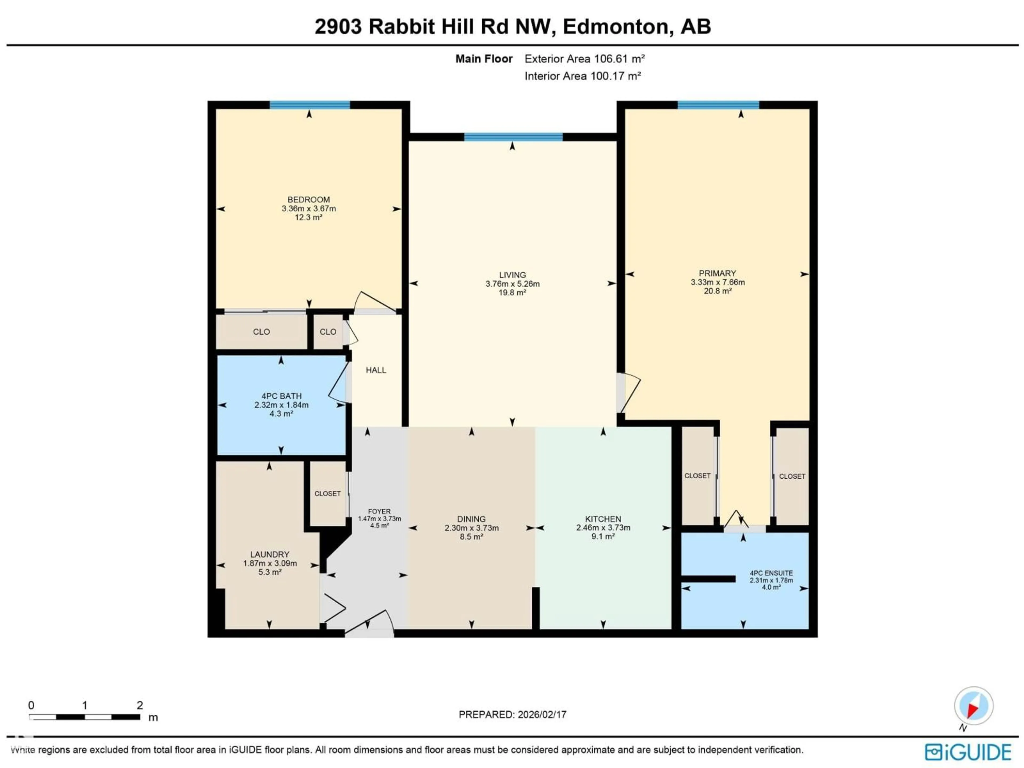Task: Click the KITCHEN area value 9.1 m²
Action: coord(603,537)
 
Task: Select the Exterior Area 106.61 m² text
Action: coord(584,59)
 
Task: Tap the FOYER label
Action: coord(379,511)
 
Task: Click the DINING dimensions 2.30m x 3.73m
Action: coord(471,528)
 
